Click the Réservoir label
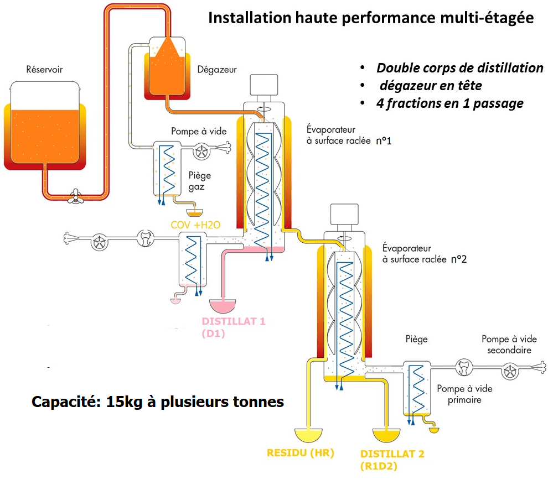click(44, 70)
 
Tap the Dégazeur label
click(217, 70)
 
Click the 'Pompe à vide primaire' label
click(464, 394)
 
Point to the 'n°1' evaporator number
click(384, 141)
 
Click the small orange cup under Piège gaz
click(194, 211)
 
